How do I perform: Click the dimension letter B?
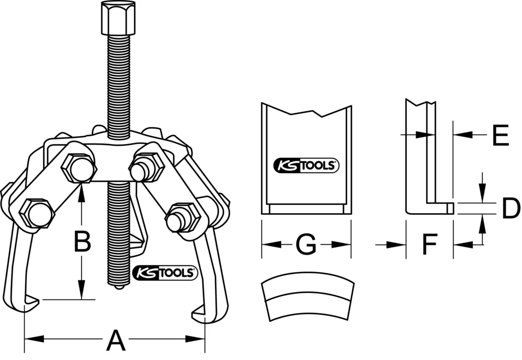pos(81,242)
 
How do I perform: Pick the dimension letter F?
pos(429,244)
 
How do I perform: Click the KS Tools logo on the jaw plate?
pos(306,166)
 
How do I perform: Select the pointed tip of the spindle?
pos(120,286)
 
